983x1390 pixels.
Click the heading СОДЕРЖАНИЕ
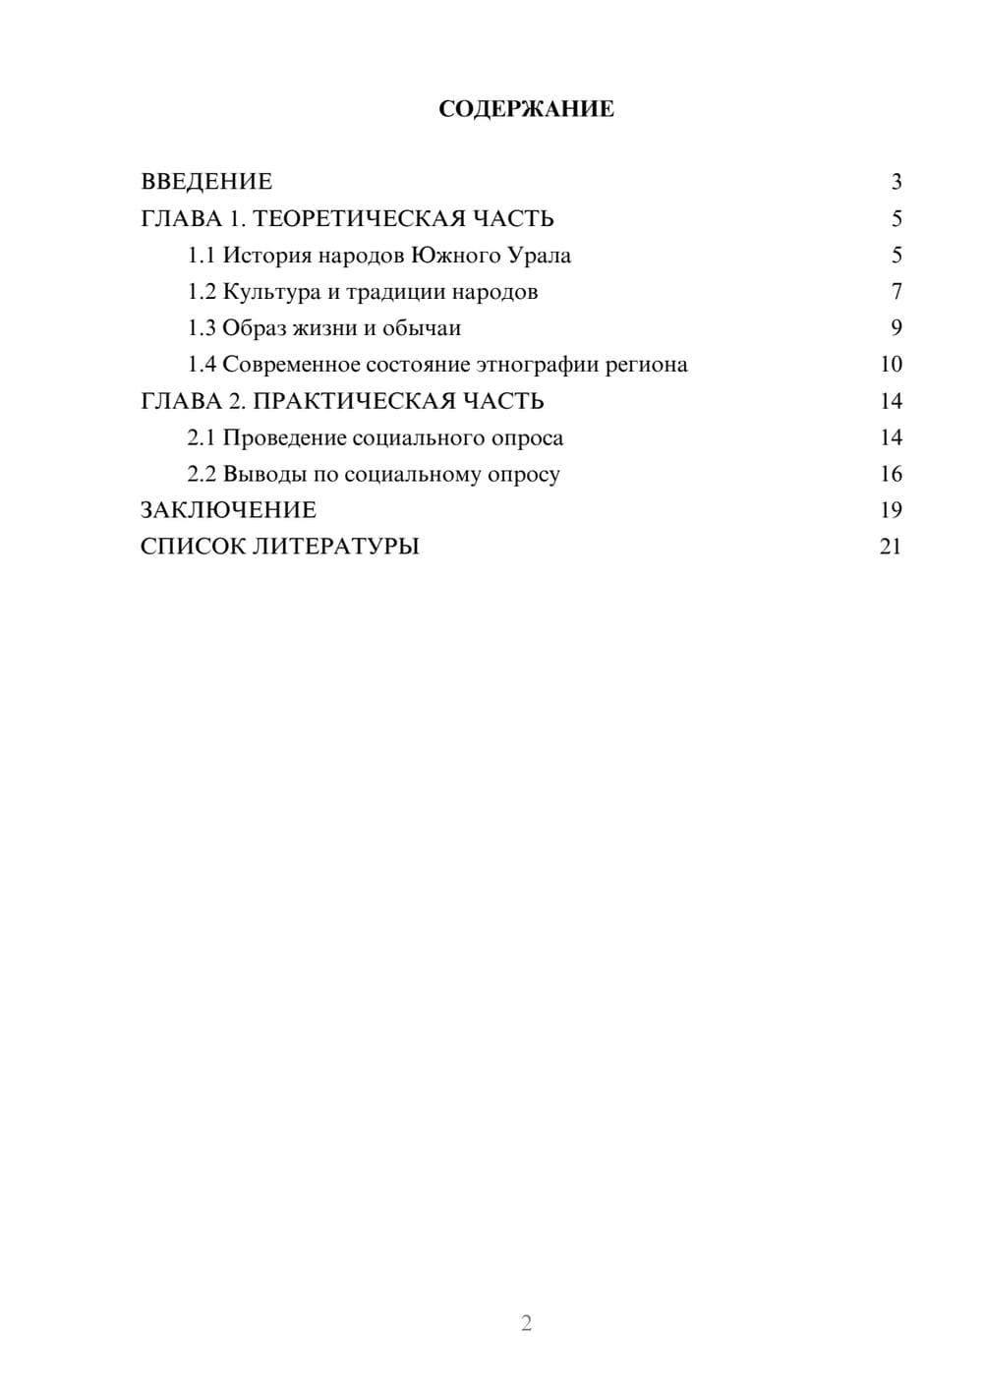coord(526,109)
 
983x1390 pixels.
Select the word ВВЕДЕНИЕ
coord(206,182)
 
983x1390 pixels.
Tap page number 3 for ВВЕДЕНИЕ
coord(896,182)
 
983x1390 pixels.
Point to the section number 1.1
coord(201,256)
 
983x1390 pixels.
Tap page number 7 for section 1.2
coord(896,292)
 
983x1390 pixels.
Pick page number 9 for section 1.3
coord(896,328)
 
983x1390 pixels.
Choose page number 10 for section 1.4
coord(891,365)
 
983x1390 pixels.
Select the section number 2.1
coord(201,437)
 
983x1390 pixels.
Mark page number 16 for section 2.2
coord(891,474)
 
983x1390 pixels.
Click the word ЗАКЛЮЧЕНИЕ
coord(228,510)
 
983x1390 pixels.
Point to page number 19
coord(891,510)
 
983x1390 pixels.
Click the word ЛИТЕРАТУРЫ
coord(335,547)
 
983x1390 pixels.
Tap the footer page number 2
coord(526,1323)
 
